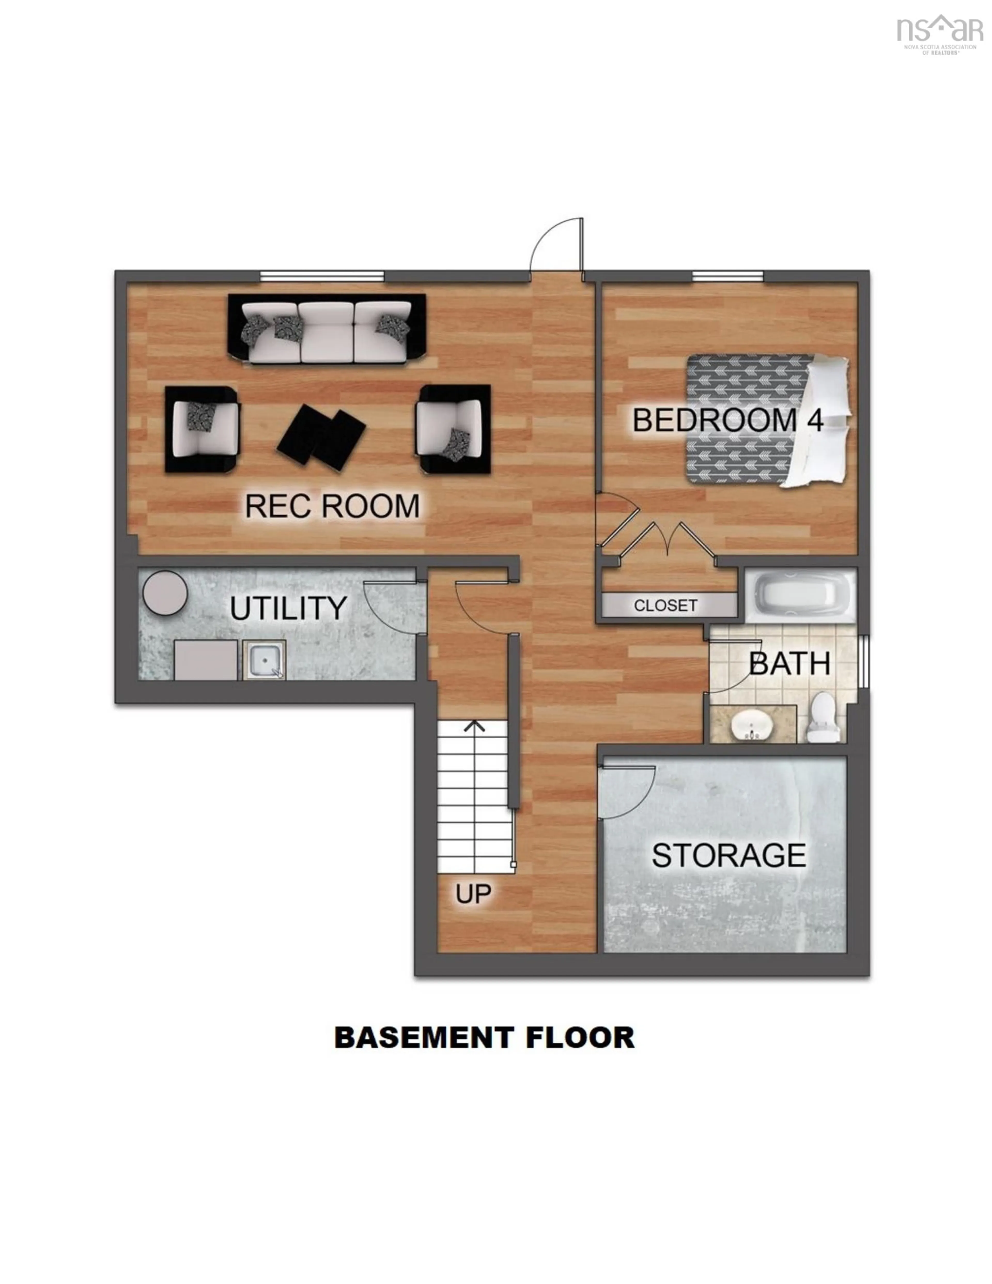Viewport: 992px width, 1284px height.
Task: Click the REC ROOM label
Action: tap(332, 506)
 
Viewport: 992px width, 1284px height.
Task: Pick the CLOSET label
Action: tap(666, 606)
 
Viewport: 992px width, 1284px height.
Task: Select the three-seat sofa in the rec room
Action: tap(326, 329)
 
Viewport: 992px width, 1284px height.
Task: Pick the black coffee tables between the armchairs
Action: tap(321, 435)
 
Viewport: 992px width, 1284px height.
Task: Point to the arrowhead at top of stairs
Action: tap(475, 727)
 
